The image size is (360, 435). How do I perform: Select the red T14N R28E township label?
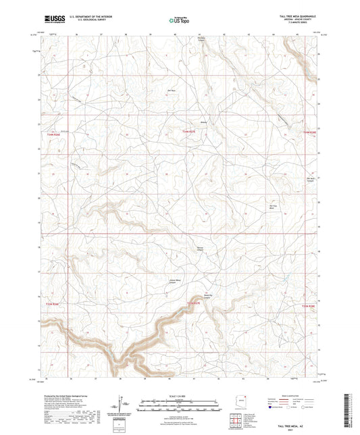(x=309, y=132)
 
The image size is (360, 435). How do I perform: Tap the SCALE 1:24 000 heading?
(x=179, y=395)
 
